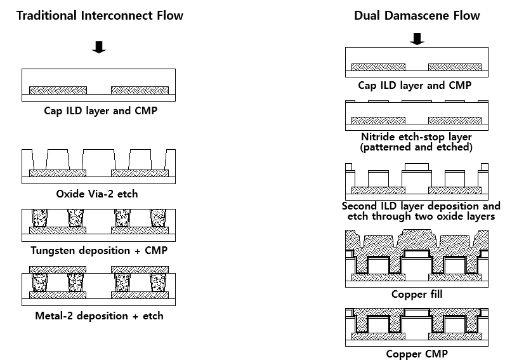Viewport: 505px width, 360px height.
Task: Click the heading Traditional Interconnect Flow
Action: pos(100,15)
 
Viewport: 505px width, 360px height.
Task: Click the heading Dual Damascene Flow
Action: pos(417,15)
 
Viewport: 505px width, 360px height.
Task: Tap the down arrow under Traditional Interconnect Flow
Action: pos(99,47)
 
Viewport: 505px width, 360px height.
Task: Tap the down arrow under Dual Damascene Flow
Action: pos(417,39)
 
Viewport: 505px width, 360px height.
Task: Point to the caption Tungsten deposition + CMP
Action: pos(99,250)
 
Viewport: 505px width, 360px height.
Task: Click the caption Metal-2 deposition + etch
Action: pos(99,316)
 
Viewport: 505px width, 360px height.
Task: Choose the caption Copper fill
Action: pos(417,295)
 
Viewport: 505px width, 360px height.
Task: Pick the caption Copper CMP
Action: pos(416,354)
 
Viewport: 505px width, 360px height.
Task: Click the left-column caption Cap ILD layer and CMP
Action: pos(100,110)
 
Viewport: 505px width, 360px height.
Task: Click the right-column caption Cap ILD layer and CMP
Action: pos(416,84)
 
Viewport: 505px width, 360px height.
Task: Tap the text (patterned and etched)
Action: pos(416,147)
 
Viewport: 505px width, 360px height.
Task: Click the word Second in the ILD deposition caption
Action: pos(360,206)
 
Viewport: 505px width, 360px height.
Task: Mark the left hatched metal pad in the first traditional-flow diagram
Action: pos(58,90)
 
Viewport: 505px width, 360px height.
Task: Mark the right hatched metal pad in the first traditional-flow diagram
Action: pos(140,90)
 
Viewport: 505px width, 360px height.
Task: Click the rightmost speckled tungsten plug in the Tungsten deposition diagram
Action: pos(158,219)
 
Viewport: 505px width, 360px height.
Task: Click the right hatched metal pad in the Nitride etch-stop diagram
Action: pos(455,120)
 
